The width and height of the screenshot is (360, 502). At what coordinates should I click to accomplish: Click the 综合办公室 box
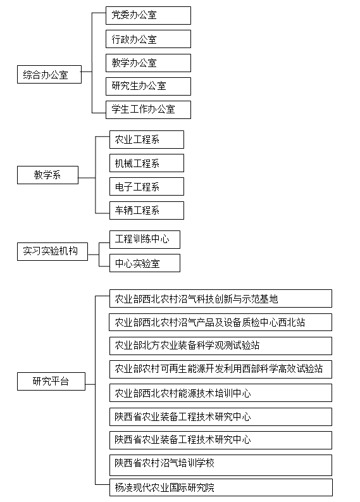(49, 75)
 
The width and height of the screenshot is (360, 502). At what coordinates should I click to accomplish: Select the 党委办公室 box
(148, 15)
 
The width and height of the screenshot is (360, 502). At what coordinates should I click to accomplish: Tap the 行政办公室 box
(148, 39)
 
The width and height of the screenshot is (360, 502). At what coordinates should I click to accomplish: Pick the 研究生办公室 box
(148, 86)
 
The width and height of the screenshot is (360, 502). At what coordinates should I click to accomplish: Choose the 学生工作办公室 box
(148, 110)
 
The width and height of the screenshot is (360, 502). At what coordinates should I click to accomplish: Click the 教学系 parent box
(47, 175)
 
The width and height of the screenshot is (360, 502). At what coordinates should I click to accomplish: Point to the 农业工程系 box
(147, 140)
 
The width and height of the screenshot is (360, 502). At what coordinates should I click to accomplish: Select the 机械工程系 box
(147, 163)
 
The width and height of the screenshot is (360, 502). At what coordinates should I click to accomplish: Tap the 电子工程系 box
(147, 186)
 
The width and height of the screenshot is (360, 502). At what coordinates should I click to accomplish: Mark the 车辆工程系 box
(147, 210)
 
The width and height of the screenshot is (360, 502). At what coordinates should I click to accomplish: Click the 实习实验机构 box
(53, 251)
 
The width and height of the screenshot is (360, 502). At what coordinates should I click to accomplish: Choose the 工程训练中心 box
(145, 239)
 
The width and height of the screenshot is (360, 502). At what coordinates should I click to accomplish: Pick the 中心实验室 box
(145, 263)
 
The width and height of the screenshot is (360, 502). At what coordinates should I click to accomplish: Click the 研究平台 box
(51, 381)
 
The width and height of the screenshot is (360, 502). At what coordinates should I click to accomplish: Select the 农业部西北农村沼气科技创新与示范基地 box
(220, 298)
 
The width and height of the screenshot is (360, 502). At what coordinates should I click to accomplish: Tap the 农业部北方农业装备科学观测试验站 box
(220, 346)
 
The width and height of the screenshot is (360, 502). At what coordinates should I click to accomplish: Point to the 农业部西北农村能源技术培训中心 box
(220, 393)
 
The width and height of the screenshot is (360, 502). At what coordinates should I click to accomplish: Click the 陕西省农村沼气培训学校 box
(220, 465)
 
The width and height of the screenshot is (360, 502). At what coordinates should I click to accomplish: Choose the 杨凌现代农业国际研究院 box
(221, 487)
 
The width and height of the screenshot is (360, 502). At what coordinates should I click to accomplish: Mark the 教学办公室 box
(148, 63)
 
